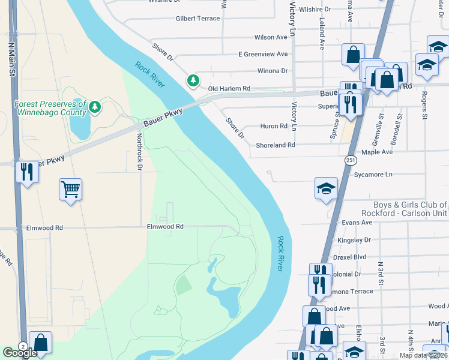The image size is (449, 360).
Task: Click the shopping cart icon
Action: coord(70,190)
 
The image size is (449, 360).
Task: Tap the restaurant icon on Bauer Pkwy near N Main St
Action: coord(26,172)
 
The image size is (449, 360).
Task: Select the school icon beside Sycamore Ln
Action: coord(325,189)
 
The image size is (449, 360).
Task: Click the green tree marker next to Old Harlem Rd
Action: coord(193,80)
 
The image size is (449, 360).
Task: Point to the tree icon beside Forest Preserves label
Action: coord(94,107)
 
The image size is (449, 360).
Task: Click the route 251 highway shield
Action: coord(351,160)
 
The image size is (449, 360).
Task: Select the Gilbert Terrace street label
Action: coord(197,19)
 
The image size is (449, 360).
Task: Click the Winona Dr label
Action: coord(273,71)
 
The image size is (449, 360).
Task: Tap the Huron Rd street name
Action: coord(274,126)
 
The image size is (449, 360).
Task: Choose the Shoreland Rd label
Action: coord(276,145)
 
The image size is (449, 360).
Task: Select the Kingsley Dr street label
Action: coord(354,240)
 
